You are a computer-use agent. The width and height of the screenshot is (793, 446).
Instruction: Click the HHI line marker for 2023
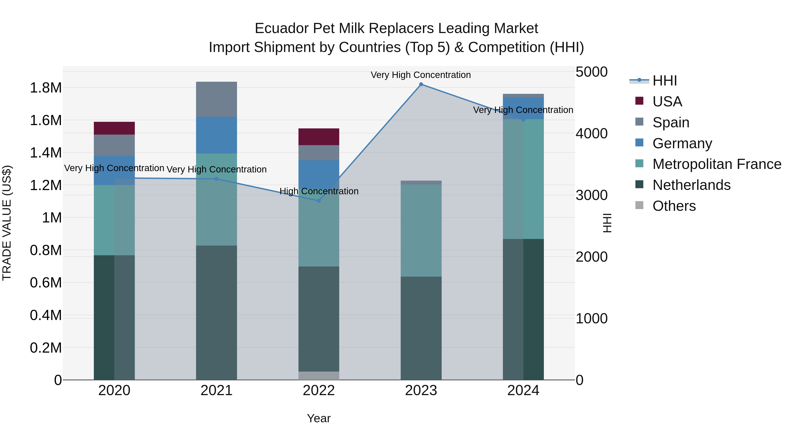point(421,84)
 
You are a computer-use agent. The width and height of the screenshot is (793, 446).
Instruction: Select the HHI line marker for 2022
point(319,201)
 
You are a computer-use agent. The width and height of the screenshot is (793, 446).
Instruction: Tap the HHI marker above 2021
point(216,179)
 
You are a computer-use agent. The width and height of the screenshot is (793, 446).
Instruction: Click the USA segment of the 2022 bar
point(319,137)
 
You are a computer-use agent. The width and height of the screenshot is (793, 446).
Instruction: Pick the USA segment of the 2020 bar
point(114,128)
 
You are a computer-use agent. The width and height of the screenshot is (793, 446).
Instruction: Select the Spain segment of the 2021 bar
point(216,99)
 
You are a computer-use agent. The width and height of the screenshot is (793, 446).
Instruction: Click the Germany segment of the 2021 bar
point(216,135)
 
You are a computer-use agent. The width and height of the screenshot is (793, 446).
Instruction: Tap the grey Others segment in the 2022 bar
point(319,376)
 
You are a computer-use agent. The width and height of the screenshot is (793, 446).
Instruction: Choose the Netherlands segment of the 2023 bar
point(421,328)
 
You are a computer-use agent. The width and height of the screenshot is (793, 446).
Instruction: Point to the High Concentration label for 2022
point(319,191)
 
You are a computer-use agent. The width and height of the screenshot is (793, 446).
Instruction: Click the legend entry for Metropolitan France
point(717,164)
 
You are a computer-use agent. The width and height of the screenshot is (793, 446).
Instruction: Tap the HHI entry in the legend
point(664,81)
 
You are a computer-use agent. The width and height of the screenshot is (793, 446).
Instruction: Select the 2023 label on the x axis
point(421,390)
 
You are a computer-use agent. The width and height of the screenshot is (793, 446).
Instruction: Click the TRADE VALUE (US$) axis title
point(7,223)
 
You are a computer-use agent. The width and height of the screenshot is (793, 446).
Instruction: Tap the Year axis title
point(319,418)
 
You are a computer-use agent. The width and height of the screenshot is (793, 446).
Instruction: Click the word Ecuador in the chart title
point(281,28)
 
